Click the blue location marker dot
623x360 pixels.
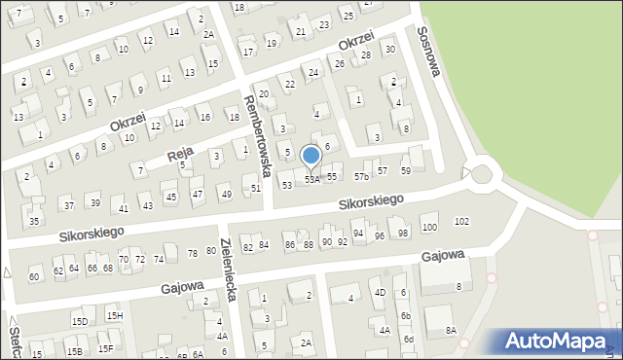click(311, 155)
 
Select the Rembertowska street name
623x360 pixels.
click(257, 133)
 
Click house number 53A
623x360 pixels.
click(311, 179)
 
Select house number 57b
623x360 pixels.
click(361, 176)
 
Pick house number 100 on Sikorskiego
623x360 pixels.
click(429, 227)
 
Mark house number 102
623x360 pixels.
click(461, 222)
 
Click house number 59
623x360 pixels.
click(406, 170)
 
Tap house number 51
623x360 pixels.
click(256, 188)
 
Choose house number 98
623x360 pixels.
click(403, 234)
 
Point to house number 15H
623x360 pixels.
click(114, 315)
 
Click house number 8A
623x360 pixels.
click(451, 330)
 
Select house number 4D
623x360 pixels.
click(380, 292)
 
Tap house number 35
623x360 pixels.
click(34, 221)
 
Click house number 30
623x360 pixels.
click(390, 49)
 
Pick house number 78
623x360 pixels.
click(193, 253)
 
